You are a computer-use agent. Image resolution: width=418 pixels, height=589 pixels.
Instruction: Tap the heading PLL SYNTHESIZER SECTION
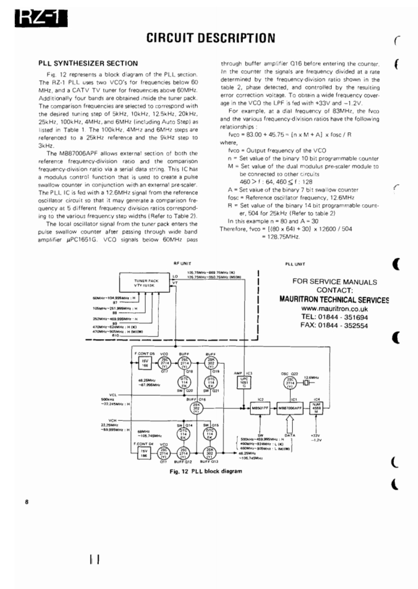point(88,63)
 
